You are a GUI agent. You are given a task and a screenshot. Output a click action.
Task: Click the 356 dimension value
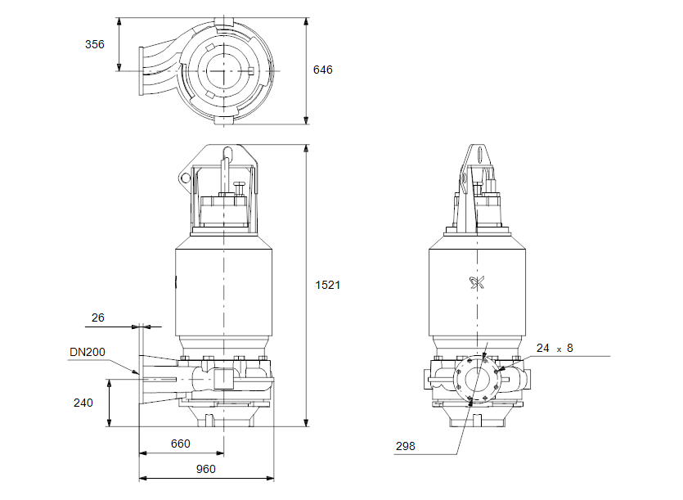point(96,44)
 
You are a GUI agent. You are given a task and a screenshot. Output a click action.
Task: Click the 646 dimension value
point(323,70)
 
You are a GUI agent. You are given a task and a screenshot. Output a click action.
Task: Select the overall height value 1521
point(327,286)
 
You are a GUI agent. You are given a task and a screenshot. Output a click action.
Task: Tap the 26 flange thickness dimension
point(98,318)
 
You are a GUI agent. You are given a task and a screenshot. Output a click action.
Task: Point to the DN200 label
point(87,352)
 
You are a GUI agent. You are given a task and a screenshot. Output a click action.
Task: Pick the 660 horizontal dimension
point(181,444)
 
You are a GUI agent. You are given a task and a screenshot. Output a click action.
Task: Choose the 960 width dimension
point(205,469)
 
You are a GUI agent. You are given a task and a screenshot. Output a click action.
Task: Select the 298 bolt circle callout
point(406,446)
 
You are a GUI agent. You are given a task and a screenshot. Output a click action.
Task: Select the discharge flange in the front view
point(144,378)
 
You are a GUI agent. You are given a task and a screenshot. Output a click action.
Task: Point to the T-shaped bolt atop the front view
point(238,187)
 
